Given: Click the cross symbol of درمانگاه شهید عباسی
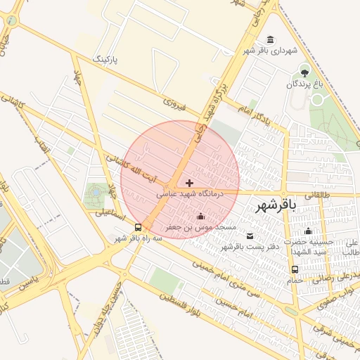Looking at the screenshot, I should tap(189, 182).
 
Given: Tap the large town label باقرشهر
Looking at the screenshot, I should tap(274, 205).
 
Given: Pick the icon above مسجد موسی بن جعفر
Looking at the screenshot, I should tap(202, 217).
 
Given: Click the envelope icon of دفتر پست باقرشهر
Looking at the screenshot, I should tap(251, 235).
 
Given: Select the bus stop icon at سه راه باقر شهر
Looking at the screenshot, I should tap(138, 227).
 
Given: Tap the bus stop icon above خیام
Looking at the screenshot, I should tap(294, 269).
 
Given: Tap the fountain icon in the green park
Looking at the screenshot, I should tap(96, 191).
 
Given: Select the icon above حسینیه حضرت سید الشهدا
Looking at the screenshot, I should tap(307, 231).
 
